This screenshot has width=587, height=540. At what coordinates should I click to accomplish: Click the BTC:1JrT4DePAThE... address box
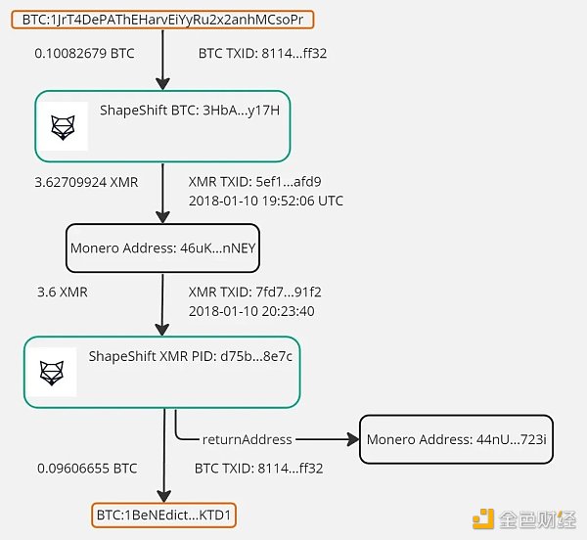coord(162,19)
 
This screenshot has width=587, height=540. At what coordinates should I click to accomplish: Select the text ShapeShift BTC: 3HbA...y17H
coord(189,110)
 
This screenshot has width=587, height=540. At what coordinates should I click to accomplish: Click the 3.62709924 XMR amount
coord(87,182)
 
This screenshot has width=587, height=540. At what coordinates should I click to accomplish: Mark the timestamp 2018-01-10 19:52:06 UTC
coord(264,202)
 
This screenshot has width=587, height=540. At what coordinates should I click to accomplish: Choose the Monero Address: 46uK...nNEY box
coord(162,248)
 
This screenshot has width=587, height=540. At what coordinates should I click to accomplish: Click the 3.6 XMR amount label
coord(63,292)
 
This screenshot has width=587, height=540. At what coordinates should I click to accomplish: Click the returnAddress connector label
coord(247,440)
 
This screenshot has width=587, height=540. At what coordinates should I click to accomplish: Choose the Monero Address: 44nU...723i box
coord(456,440)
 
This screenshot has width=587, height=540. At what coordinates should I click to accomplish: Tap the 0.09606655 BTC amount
coord(86,469)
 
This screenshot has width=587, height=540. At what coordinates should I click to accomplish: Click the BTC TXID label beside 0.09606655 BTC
coord(259,469)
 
